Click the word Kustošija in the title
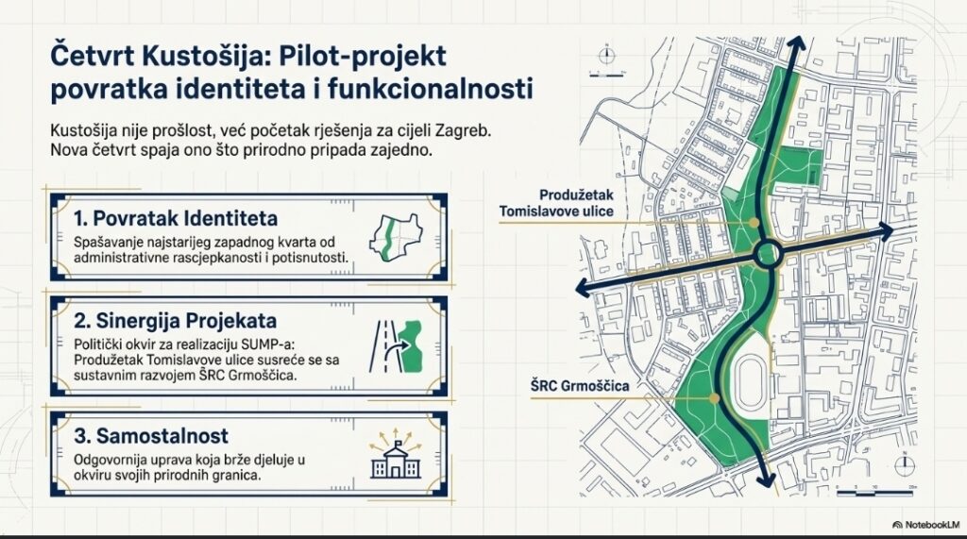point(204,56)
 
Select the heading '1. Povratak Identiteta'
point(176,218)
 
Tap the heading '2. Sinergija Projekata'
point(175,321)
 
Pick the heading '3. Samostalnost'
point(151,436)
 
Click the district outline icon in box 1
point(396,238)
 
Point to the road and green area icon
point(396,346)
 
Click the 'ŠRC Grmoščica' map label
point(580,386)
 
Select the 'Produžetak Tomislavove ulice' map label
point(556,203)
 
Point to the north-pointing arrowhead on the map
point(796,44)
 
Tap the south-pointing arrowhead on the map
point(767,480)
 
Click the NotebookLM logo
point(925,525)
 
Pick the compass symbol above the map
point(607,56)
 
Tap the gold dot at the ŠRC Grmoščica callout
point(714,398)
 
